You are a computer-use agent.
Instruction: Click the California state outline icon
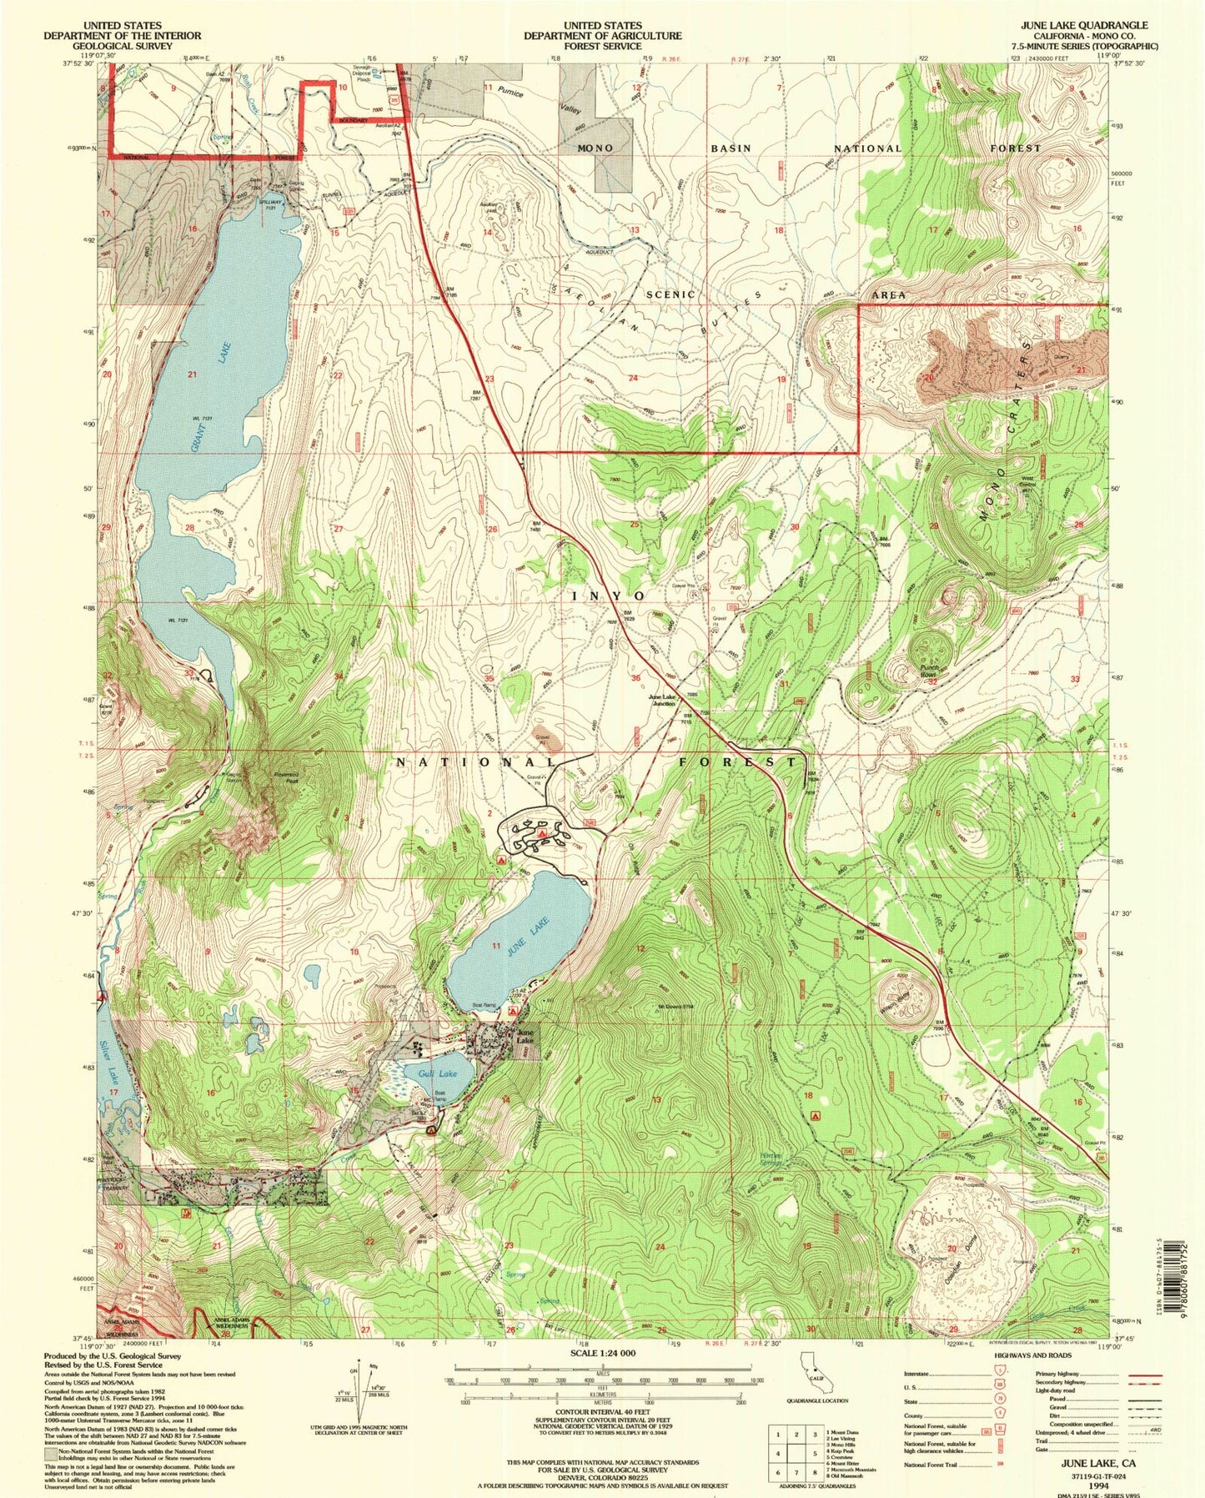(x=807, y=1385)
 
